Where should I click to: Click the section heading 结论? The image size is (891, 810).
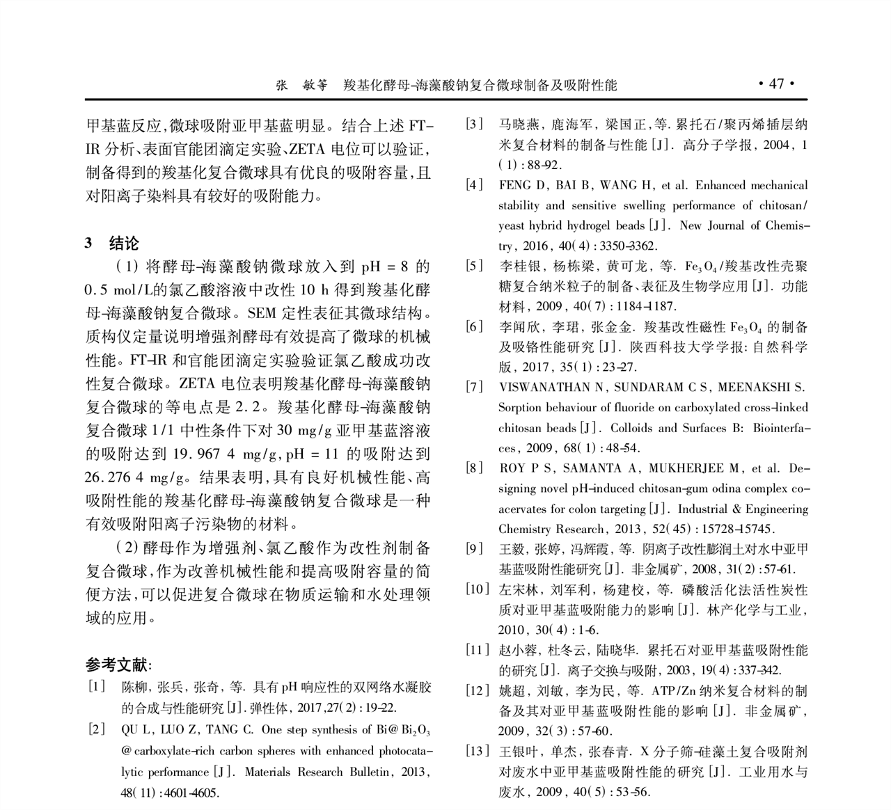(x=124, y=243)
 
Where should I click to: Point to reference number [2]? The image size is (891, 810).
(x=97, y=729)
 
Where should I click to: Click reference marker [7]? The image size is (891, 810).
(x=475, y=387)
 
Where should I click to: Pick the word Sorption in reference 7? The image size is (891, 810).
(x=519, y=407)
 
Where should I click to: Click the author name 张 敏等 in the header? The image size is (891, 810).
(x=300, y=85)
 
